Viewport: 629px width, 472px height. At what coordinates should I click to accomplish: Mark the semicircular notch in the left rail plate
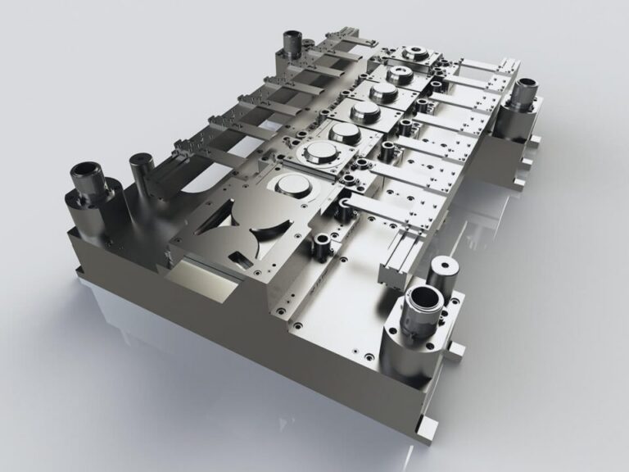coord(196,182)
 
